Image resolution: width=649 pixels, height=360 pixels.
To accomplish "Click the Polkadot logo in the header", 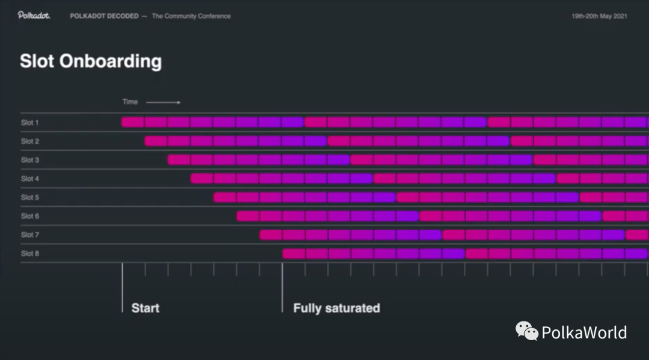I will click(x=34, y=16).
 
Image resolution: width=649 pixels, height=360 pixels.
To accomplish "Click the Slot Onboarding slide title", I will click(x=91, y=61).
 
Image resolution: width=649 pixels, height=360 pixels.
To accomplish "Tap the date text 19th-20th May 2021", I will click(x=599, y=16).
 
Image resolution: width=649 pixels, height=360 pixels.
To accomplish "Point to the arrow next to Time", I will click(x=163, y=102).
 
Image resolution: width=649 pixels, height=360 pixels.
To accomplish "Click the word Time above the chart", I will click(x=130, y=102).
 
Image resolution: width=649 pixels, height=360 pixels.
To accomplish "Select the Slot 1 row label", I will click(x=30, y=123).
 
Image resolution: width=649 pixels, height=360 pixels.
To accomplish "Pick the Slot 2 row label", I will click(x=30, y=141).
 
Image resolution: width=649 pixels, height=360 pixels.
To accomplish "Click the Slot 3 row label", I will click(x=30, y=160).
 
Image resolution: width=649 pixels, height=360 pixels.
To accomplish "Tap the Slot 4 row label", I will click(x=30, y=178).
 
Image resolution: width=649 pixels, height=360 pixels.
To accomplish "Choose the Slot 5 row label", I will click(x=30, y=197).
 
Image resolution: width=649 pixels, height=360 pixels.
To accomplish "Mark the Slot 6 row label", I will click(x=30, y=216).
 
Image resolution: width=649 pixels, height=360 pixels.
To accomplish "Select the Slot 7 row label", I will click(x=30, y=234).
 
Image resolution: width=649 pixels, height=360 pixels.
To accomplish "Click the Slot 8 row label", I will click(x=30, y=254).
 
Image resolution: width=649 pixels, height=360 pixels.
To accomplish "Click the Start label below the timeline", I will click(x=145, y=308).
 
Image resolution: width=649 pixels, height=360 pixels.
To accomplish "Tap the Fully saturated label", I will click(x=337, y=308).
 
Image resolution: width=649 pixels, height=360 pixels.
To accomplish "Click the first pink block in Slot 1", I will click(x=133, y=122).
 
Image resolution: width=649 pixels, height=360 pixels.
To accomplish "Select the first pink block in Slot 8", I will click(x=294, y=254).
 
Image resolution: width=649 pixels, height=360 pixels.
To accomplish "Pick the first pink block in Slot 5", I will click(x=225, y=197).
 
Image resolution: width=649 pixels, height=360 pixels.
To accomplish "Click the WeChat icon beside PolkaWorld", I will click(x=527, y=331).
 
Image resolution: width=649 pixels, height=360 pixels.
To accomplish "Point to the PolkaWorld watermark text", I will click(x=584, y=332).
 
